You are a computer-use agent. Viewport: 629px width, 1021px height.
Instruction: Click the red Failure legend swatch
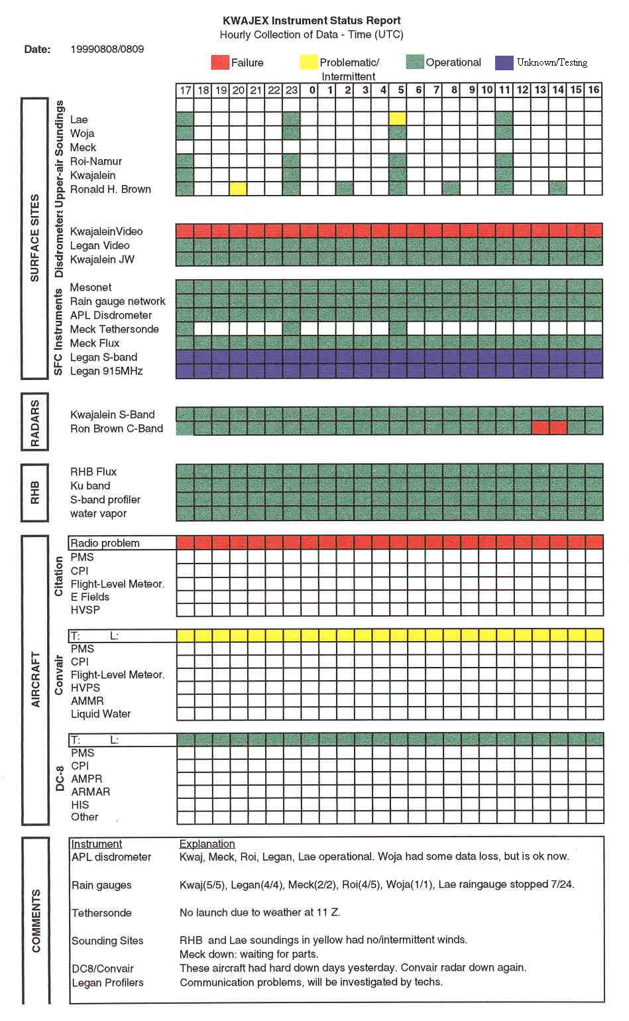219,62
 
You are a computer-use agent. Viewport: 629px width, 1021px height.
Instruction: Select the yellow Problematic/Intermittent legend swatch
308,62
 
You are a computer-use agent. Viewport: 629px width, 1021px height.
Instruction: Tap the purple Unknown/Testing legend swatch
504,62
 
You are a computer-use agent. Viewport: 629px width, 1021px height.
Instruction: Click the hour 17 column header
185,90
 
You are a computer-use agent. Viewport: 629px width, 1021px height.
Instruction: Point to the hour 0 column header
310,90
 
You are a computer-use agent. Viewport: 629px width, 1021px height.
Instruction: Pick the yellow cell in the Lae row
398,119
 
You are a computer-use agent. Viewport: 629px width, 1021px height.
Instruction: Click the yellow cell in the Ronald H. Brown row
238,189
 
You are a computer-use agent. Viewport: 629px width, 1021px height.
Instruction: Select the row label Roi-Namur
96,161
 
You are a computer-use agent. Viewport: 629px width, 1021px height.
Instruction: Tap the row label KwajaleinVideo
106,231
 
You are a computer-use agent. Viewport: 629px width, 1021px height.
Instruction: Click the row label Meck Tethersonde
114,329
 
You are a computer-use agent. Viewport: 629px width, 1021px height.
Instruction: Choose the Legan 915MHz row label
106,371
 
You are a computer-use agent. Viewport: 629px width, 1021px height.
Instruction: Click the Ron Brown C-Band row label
116,428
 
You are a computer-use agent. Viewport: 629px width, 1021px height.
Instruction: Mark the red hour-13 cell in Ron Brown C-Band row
540,428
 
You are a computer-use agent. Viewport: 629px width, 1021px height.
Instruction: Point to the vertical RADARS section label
35,422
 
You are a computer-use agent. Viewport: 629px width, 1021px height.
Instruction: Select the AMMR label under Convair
87,701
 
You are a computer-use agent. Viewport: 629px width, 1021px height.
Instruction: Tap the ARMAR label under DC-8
90,792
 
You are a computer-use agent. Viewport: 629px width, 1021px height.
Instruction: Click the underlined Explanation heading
207,844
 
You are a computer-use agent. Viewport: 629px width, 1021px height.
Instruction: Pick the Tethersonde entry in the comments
101,913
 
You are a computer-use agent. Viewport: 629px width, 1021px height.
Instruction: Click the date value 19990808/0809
107,49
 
